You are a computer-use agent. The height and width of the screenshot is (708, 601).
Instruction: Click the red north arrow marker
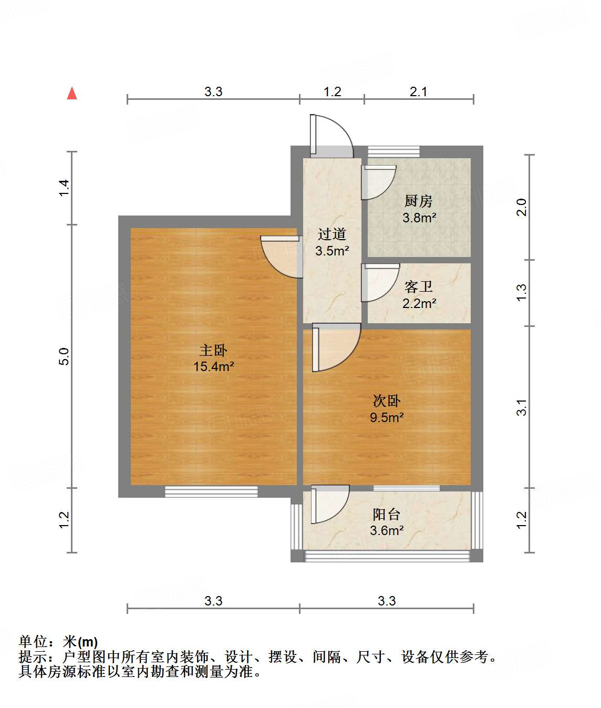pyautogui.click(x=72, y=94)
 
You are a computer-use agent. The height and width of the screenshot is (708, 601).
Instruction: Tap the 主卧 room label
pyautogui.click(x=213, y=350)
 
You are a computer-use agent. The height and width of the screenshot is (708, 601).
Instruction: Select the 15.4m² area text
pyautogui.click(x=213, y=366)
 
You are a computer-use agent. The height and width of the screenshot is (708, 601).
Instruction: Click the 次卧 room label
pyautogui.click(x=387, y=401)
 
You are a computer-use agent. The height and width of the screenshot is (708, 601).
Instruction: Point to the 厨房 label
pyautogui.click(x=419, y=201)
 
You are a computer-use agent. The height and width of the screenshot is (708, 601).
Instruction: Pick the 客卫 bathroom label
pyautogui.click(x=419, y=286)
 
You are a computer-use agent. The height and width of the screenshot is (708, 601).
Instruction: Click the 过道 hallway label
pyautogui.click(x=332, y=234)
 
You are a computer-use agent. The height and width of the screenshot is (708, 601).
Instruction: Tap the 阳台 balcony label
pyautogui.click(x=387, y=514)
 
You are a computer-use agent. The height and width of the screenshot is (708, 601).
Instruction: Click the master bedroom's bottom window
pyautogui.click(x=211, y=491)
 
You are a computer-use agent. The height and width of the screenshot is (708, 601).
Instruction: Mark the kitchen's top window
pyautogui.click(x=393, y=151)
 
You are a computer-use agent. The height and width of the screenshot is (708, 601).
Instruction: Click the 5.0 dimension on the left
pyautogui.click(x=64, y=356)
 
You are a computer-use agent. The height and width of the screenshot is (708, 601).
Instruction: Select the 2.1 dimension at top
pyautogui.click(x=419, y=91)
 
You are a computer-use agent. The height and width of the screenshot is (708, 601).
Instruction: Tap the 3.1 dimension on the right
pyautogui.click(x=521, y=407)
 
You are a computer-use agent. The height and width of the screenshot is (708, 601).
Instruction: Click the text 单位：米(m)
pyautogui.click(x=58, y=642)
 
